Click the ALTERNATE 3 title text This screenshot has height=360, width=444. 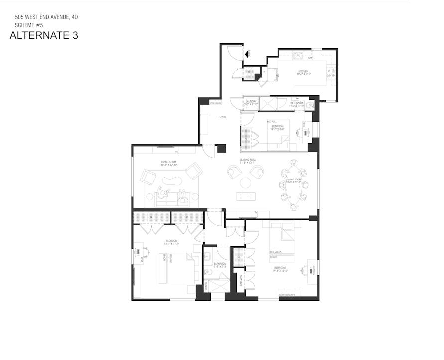pyautogui.click(x=44, y=35)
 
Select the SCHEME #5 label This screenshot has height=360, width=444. pyautogui.click(x=29, y=24)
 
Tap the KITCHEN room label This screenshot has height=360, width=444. pyautogui.click(x=303, y=72)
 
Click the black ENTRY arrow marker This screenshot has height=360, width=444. pyautogui.click(x=246, y=54)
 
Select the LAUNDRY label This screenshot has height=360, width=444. pyautogui.click(x=250, y=102)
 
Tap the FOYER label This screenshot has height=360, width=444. pyautogui.click(x=222, y=117)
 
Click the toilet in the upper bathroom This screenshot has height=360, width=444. pyautogui.click(x=310, y=106)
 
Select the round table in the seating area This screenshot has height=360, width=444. pyautogui.click(x=245, y=183)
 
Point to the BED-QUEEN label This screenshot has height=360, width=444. pyautogui.click(x=275, y=252)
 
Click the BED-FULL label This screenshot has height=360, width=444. pyautogui.click(x=271, y=121)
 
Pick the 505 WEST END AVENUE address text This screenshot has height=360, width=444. pyautogui.click(x=46, y=17)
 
